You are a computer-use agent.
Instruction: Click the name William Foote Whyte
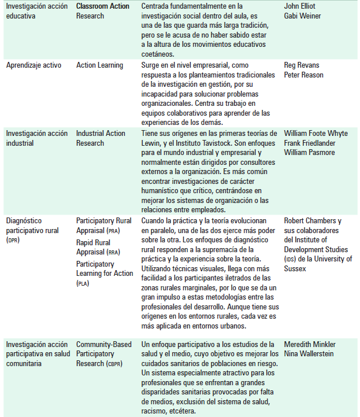pyautogui.click(x=316, y=134)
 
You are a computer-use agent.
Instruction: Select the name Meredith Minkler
pyautogui.click(x=309, y=345)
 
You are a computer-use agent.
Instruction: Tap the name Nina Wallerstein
pyautogui.click(x=309, y=354)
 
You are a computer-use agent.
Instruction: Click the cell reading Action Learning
pyautogui.click(x=99, y=65)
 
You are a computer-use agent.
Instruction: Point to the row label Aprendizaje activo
pyautogui.click(x=34, y=65)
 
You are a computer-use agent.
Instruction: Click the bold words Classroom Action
pyautogui.click(x=103, y=6)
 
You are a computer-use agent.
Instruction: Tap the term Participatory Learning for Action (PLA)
pyautogui.click(x=103, y=274)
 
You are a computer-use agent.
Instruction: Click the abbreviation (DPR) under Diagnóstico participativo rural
pyautogui.click(x=13, y=240)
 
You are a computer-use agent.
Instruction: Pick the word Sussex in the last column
pyautogui.click(x=296, y=268)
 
